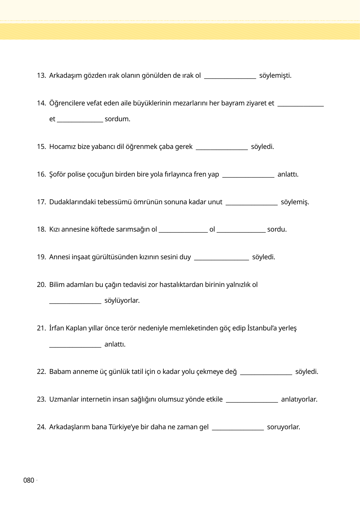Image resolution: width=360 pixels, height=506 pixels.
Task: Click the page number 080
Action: click(29, 480)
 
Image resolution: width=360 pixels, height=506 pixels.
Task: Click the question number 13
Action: click(41, 75)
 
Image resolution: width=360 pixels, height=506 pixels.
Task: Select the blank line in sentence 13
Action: click(230, 77)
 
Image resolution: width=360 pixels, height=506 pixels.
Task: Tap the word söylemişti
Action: click(275, 75)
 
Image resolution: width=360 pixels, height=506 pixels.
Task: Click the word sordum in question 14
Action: click(117, 119)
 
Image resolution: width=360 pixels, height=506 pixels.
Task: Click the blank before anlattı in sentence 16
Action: click(248, 176)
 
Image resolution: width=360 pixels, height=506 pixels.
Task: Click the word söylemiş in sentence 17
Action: click(295, 202)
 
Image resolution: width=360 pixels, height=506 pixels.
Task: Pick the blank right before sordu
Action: click(241, 231)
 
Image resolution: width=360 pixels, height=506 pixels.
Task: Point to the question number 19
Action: click(41, 257)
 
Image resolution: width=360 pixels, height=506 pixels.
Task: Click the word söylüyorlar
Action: click(122, 300)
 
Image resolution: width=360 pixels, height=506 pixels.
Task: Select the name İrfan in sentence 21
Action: click(57, 328)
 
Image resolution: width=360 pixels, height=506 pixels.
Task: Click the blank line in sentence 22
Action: click(266, 373)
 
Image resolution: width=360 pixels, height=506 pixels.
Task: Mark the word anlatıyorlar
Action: click(299, 399)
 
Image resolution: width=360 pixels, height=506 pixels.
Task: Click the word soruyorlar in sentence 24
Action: click(283, 427)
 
